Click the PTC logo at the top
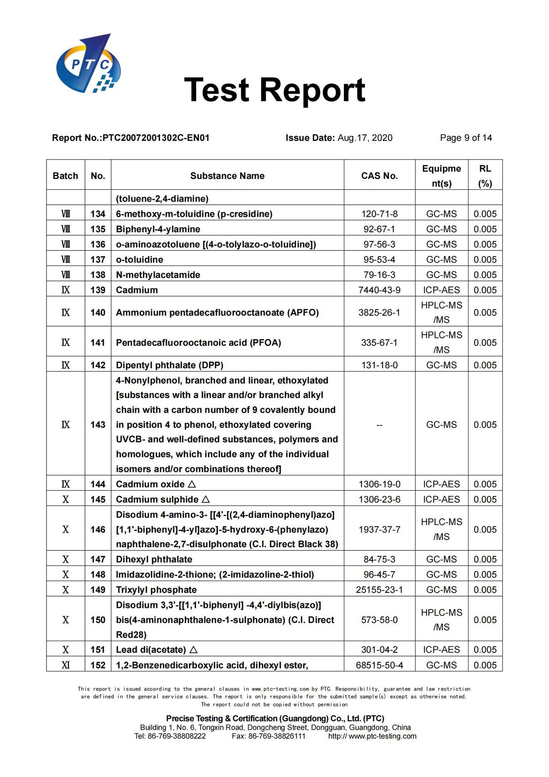point(88,64)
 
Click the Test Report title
point(275,90)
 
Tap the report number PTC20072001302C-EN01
point(156,138)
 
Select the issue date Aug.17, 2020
point(365,138)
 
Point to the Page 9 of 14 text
point(466,138)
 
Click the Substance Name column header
point(227,176)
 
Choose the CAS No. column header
point(379,176)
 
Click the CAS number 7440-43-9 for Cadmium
point(379,290)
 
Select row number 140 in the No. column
point(98,313)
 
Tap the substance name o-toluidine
point(140,260)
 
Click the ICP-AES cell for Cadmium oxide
point(441,484)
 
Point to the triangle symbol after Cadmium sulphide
point(206,499)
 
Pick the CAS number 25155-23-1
point(379,590)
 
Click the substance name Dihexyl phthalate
point(154,560)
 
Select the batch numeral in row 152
point(66,665)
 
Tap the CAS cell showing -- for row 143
point(379,425)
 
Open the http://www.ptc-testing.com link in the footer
point(372,736)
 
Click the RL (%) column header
point(485,176)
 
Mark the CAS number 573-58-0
point(379,620)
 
